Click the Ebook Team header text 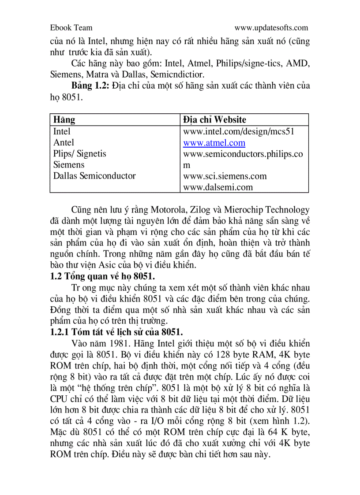coord(71,28)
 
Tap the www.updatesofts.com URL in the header coord(271,28)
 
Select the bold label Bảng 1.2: coord(91,86)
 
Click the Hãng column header coord(64,119)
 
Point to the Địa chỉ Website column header coord(214,119)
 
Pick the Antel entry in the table coord(64,142)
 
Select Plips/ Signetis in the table coord(79,153)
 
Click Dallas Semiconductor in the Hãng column coord(94,175)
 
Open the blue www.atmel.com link coord(214,143)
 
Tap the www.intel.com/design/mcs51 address coord(239,131)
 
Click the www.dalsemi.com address coord(218,187)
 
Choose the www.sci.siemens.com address coord(225,176)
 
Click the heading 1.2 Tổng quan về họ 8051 coord(102,276)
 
